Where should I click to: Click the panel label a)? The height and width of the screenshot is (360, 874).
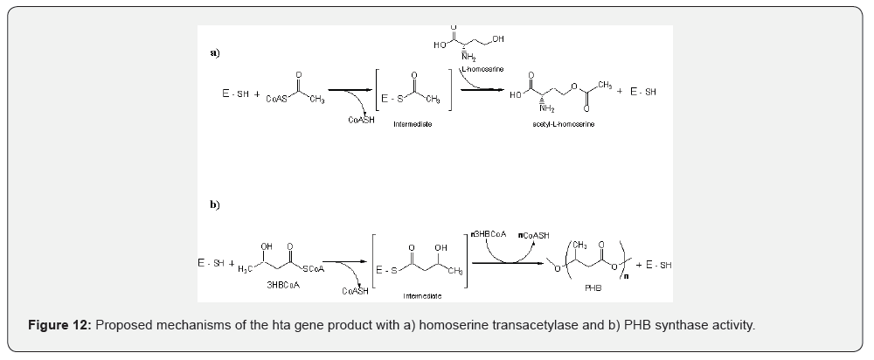(x=214, y=52)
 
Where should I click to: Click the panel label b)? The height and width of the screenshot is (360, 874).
(x=214, y=204)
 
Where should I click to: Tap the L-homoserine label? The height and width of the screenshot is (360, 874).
(x=482, y=68)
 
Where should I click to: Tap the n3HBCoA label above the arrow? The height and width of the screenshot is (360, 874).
(x=483, y=233)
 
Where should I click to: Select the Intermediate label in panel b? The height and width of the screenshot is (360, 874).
(x=422, y=296)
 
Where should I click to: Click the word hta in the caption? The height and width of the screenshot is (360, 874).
(x=253, y=325)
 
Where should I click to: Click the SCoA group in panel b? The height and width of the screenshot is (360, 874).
(x=312, y=268)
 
